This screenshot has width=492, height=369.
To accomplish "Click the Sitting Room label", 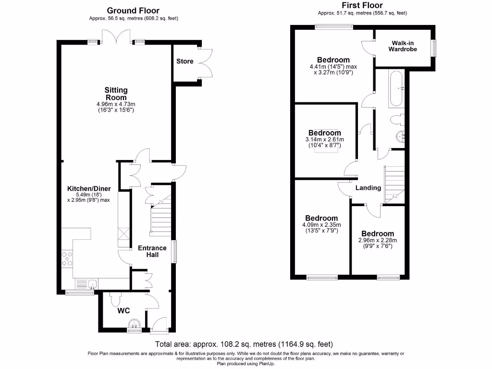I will pos(116,94).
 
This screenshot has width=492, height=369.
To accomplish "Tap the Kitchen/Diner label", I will pos(89,188).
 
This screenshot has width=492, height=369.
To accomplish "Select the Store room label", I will pos(185,61).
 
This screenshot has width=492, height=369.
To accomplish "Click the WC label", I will pos(124,311).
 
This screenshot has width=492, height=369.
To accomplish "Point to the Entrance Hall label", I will pos(152,251).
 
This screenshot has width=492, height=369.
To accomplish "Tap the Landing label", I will pos(368,188).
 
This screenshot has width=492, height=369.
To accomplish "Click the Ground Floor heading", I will pos(133,10).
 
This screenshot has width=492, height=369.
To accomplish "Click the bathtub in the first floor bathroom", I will pos(397,89).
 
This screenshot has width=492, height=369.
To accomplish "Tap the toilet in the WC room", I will pos(114,300).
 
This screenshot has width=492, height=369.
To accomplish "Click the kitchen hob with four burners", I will pos(67,259).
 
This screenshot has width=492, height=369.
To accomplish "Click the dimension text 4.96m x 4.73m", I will pos(116,104).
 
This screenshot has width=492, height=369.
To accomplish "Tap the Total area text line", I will pos(244,344).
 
